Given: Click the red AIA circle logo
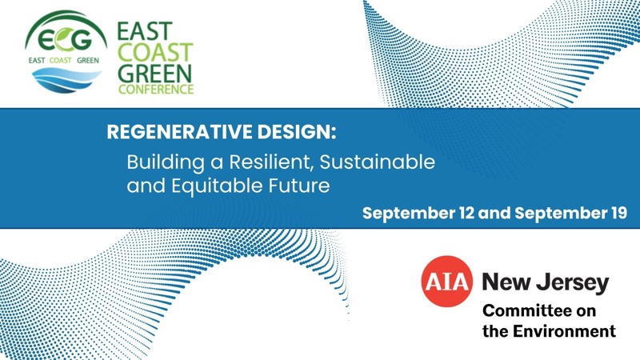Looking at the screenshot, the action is (x=447, y=282).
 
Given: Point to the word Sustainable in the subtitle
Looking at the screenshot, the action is (x=377, y=162).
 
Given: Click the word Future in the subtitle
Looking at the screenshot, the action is (x=299, y=186).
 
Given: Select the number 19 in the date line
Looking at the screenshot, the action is (x=618, y=213).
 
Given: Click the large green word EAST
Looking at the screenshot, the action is (x=145, y=32).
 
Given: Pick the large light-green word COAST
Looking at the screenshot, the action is (x=155, y=53).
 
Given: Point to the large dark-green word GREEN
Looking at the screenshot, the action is (x=154, y=74).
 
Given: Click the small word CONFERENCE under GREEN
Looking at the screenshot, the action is (x=156, y=90).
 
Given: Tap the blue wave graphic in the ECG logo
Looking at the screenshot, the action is (x=66, y=79).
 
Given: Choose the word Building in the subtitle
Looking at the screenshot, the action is (x=166, y=162).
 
